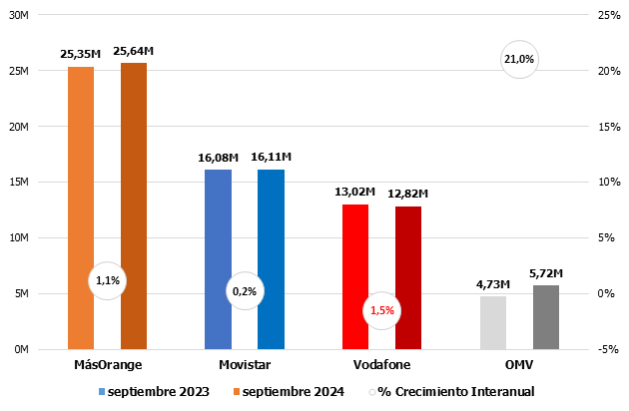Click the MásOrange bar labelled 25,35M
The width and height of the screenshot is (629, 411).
81,207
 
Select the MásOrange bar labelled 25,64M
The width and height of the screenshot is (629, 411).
134,205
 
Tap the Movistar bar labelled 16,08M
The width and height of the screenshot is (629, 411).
218,259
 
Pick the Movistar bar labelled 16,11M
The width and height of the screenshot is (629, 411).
271,259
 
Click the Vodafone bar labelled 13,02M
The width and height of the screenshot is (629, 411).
355,276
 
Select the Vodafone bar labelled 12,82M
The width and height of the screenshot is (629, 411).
408,277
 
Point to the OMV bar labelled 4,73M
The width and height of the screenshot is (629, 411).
493,322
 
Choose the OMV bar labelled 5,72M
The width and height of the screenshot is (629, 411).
546,317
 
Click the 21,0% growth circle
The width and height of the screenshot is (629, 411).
519,60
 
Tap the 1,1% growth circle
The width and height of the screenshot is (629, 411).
108,280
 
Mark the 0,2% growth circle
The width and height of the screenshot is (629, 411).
244,291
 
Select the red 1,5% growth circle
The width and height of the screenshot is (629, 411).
382,310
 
